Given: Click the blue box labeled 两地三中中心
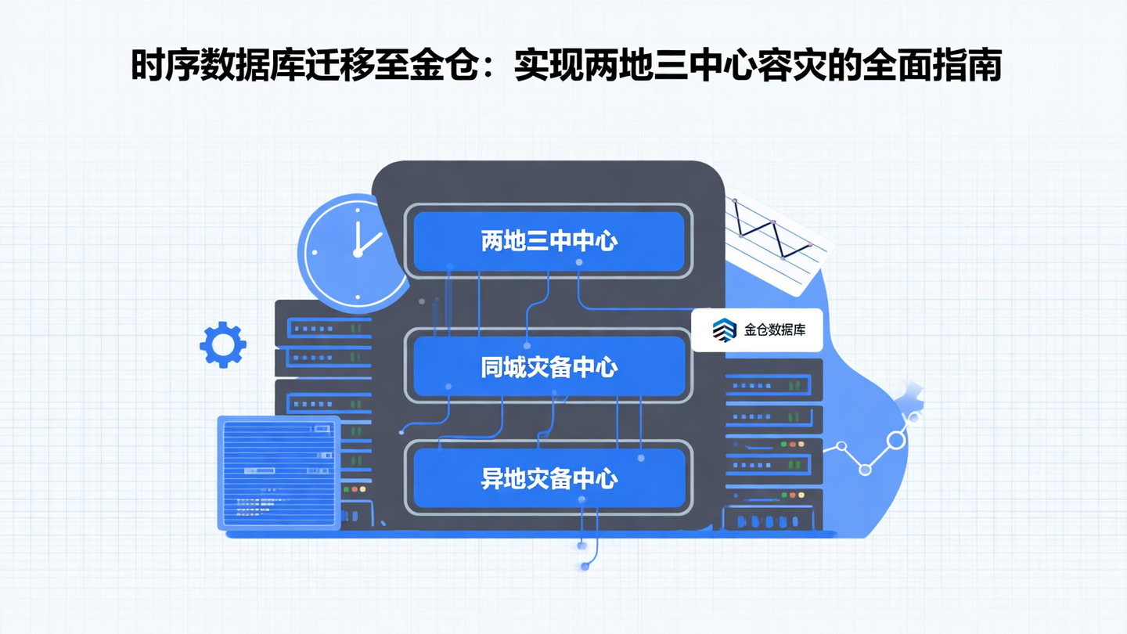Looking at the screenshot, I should (x=549, y=241).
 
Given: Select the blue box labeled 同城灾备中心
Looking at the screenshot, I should (x=549, y=366).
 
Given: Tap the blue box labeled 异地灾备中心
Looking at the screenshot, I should (x=549, y=477).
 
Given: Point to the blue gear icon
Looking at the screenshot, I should (x=223, y=344).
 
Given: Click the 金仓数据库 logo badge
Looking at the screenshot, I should (x=758, y=330).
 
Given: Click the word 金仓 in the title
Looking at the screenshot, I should (x=437, y=67).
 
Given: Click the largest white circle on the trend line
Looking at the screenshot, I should (x=896, y=440).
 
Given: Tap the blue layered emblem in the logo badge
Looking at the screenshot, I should (x=725, y=330).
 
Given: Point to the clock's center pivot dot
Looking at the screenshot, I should (x=357, y=252).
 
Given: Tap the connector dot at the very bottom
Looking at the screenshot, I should (x=584, y=566).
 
